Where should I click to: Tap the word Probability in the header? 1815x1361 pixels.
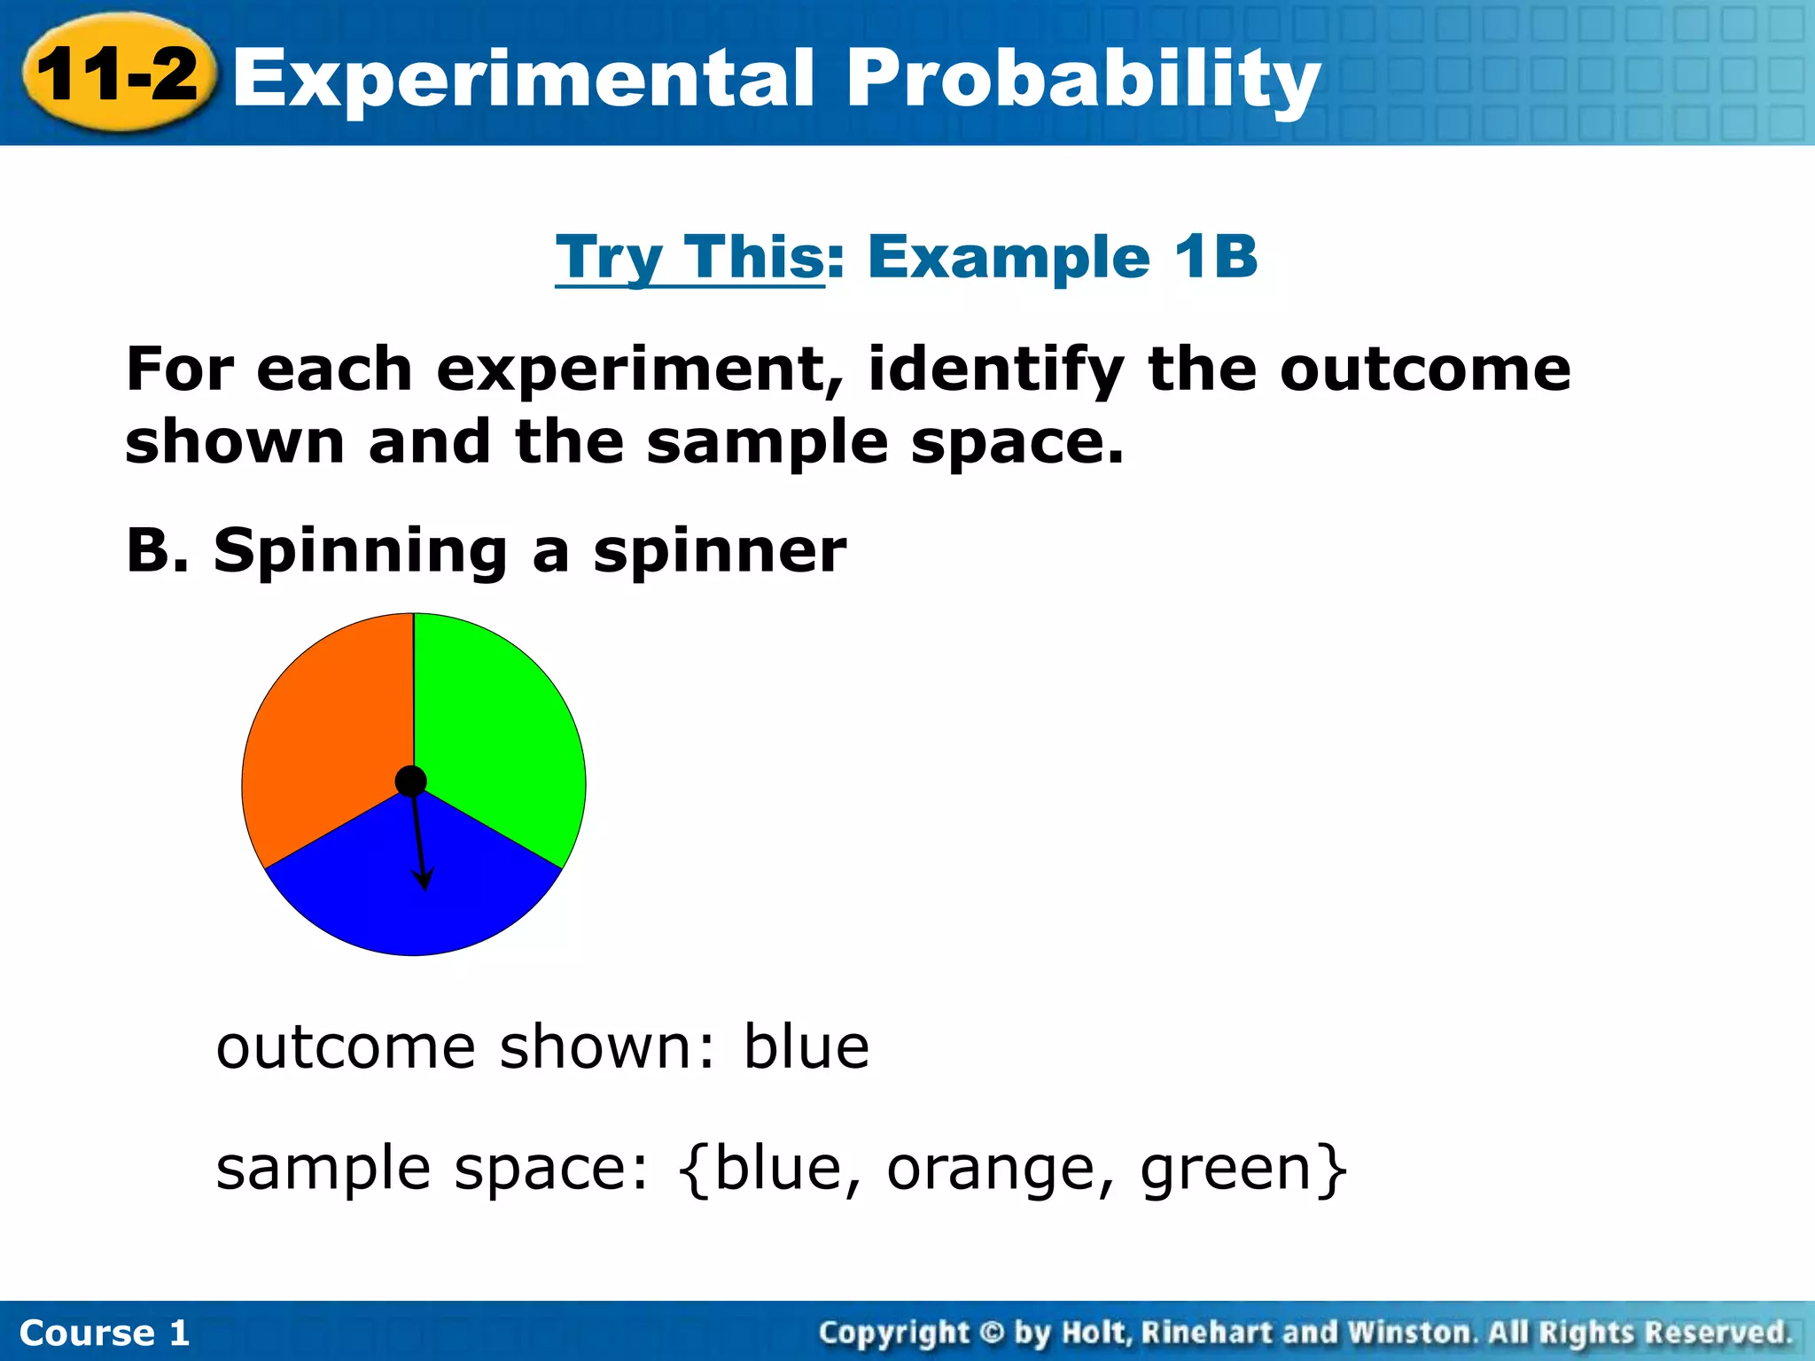(1082, 80)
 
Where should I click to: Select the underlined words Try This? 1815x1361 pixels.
(690, 258)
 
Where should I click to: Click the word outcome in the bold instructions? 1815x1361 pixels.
(1424, 369)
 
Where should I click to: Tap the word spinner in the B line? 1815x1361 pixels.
(720, 552)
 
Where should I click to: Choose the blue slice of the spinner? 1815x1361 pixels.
(372, 895)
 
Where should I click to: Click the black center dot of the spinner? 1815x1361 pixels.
(411, 782)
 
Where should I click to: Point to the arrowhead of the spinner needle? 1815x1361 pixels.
(425, 882)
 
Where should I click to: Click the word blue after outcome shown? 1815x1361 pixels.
(806, 1047)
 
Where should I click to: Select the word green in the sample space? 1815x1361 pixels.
(1227, 1170)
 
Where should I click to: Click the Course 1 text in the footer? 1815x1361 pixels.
(105, 1333)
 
